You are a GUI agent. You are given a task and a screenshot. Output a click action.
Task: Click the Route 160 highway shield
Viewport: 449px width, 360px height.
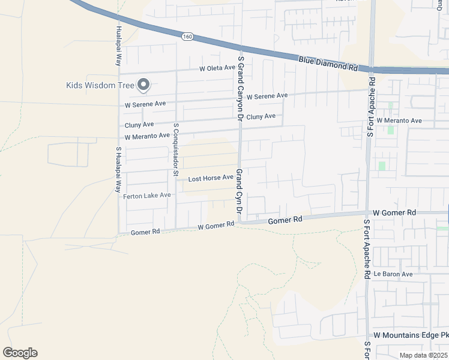(188, 37)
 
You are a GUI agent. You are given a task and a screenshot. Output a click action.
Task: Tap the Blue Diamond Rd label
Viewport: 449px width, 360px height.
(328, 63)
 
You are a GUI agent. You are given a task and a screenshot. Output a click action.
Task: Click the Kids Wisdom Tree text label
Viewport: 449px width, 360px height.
(100, 85)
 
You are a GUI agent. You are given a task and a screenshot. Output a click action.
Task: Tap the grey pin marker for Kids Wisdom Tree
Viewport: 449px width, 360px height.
(143, 86)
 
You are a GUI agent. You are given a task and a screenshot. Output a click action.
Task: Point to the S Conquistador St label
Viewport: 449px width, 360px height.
(176, 150)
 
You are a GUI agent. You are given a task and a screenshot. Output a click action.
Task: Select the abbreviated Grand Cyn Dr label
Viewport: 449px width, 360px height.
(238, 191)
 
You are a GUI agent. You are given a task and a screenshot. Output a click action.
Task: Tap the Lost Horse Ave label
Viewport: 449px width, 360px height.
(210, 178)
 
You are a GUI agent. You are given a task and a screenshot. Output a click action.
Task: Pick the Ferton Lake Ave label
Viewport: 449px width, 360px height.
(147, 196)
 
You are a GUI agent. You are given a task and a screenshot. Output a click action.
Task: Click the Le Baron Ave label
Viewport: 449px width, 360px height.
(393, 274)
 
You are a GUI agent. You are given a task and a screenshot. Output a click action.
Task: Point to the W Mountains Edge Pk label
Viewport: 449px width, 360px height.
(411, 334)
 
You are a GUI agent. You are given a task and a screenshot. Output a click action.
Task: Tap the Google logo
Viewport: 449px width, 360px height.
(20, 353)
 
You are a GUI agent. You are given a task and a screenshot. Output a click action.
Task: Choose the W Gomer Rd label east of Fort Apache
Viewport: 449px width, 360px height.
(394, 213)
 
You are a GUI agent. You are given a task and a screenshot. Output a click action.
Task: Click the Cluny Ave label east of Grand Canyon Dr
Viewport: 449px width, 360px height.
(261, 116)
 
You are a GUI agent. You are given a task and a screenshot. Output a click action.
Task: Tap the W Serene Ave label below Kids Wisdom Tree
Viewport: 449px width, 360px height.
(145, 104)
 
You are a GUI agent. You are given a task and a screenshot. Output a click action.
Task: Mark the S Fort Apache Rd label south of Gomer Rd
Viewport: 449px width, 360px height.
(367, 248)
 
